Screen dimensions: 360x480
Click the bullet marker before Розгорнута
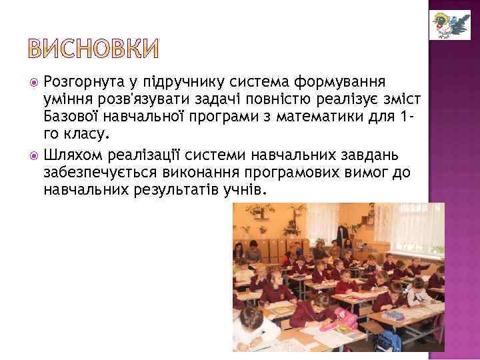[35, 83]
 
